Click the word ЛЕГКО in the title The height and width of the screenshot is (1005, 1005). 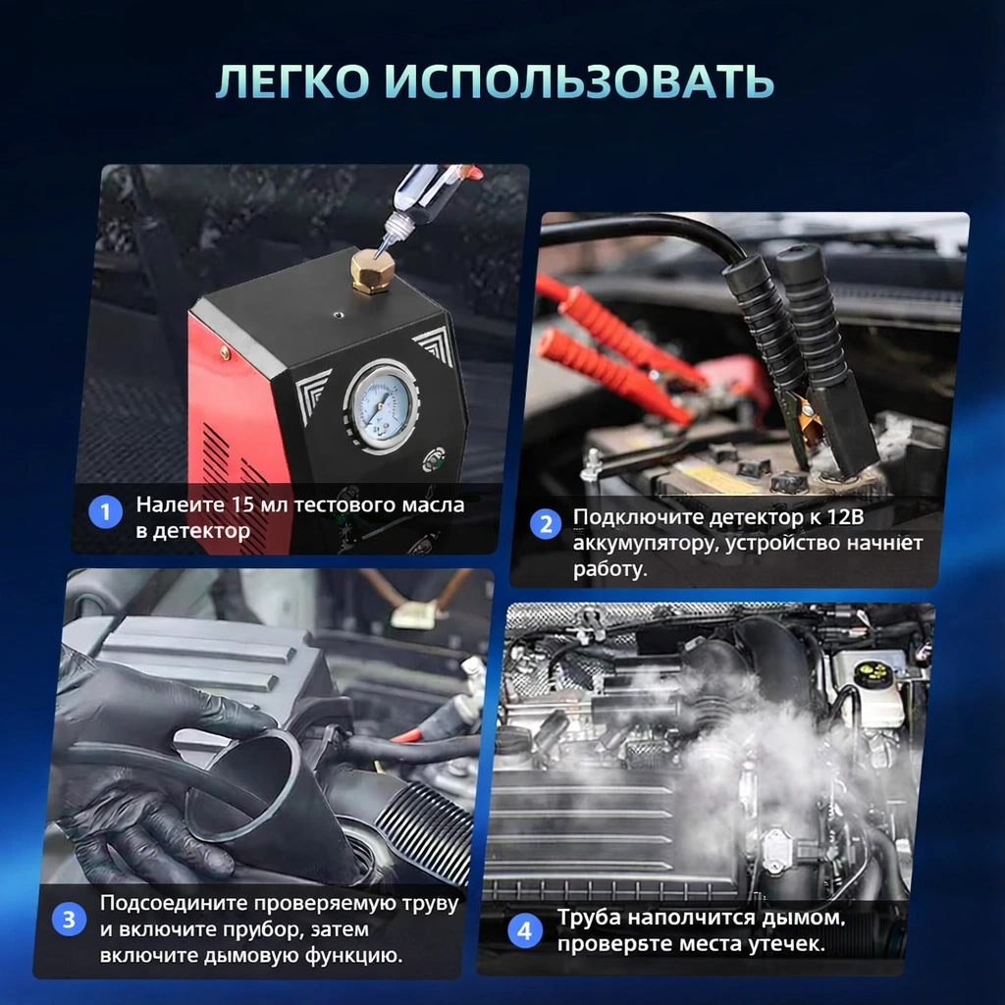pos(292,81)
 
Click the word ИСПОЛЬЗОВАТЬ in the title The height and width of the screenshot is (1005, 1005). pos(581,81)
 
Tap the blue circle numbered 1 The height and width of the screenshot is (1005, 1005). pos(105,512)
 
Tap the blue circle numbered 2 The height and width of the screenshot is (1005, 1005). pos(546,524)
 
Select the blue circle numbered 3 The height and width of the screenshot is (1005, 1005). pos(69,919)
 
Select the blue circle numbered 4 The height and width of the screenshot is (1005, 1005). pos(525,930)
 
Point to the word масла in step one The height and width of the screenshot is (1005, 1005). pos(433,505)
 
